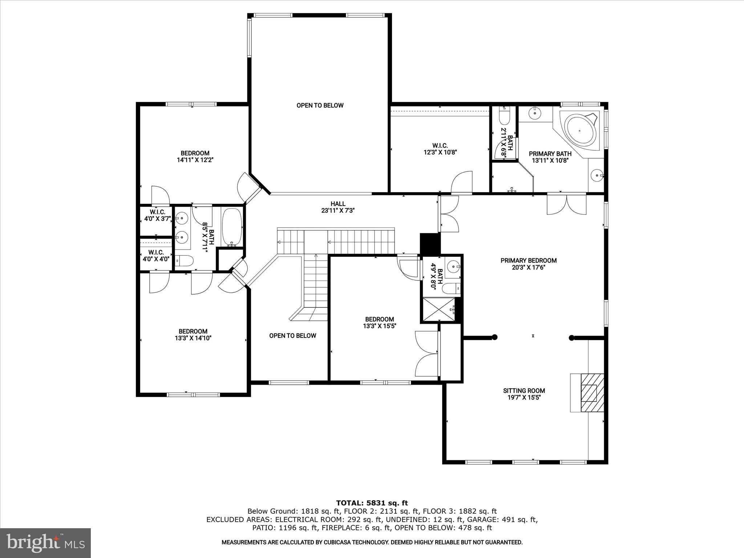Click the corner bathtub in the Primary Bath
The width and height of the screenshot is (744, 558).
(579, 131)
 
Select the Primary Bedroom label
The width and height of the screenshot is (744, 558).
(529, 260)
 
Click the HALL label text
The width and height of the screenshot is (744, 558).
(338, 204)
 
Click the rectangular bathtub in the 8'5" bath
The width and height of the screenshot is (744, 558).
(232, 226)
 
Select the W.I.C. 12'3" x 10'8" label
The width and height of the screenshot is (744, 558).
(440, 149)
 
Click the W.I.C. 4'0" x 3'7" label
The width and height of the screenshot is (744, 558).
(157, 215)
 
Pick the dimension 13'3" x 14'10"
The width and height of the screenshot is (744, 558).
(193, 338)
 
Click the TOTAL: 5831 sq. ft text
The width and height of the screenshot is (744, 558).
(372, 503)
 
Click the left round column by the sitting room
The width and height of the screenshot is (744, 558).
(494, 337)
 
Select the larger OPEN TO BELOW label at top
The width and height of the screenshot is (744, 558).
(320, 105)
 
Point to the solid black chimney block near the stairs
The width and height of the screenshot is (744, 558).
(430, 244)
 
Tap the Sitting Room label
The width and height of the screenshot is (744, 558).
(524, 391)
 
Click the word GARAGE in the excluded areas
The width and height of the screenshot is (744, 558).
(481, 519)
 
